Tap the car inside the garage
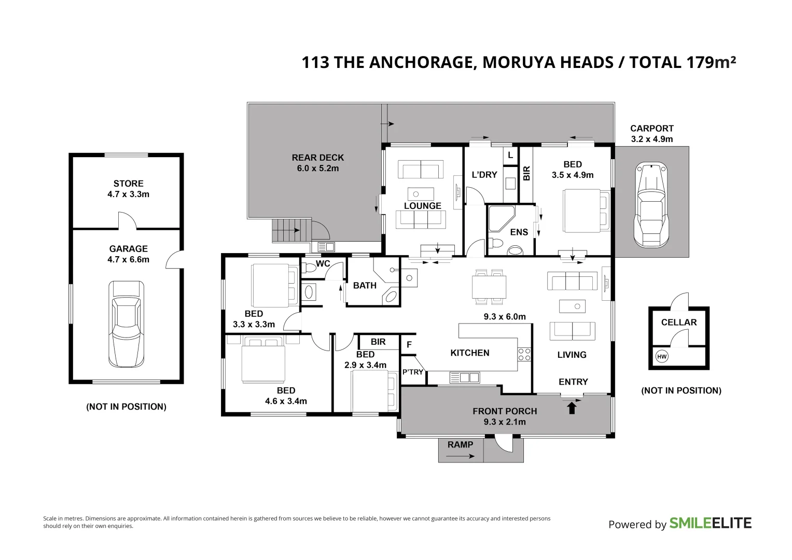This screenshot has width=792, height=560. click(126, 324)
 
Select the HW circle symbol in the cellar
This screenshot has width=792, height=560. click(662, 357)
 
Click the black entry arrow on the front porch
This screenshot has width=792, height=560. click(572, 409)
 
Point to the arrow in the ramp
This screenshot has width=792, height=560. click(460, 456)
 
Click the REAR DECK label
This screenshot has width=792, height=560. click(317, 158)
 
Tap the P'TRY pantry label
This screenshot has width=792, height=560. click(413, 372)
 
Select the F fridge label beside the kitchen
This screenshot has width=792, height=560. click(409, 344)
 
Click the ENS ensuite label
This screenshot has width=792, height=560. click(519, 232)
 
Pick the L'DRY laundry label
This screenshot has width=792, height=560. click(484, 175)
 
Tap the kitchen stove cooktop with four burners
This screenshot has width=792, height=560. click(524, 354)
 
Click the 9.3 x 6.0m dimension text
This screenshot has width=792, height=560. click(504, 316)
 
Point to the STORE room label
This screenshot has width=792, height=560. click(128, 184)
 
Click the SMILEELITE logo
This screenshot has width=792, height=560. click(710, 523)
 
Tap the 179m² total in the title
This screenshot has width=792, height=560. click(711, 62)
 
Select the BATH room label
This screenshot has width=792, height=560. click(365, 285)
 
